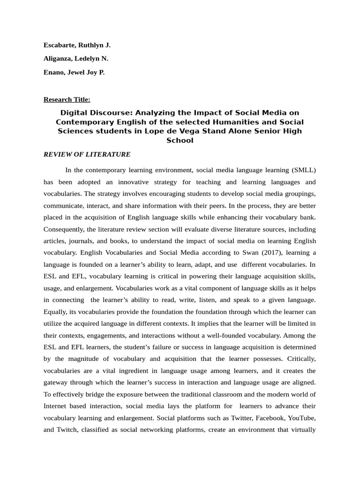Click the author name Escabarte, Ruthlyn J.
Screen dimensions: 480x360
click(x=77, y=45)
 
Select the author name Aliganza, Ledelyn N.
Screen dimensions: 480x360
click(x=76, y=59)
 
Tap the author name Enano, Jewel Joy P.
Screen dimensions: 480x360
click(x=74, y=73)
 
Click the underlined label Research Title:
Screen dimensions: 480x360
click(x=67, y=99)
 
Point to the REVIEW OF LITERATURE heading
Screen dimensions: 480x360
click(x=87, y=154)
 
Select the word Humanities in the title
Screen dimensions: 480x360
click(x=211, y=122)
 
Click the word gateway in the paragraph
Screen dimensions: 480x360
click(x=56, y=382)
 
